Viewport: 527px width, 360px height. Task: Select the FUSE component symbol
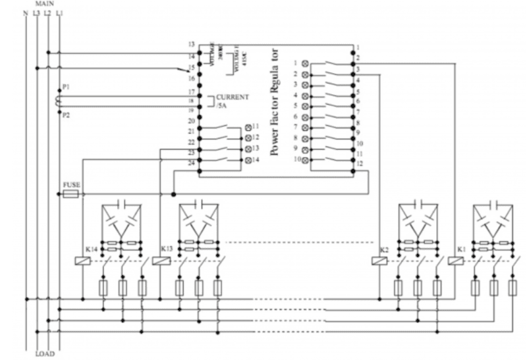click(70, 195)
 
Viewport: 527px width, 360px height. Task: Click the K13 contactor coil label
click(167, 250)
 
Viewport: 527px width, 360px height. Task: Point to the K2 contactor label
click(386, 250)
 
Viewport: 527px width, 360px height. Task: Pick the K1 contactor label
click(460, 250)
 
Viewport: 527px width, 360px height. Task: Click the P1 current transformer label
click(64, 86)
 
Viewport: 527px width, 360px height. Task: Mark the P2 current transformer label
click(64, 114)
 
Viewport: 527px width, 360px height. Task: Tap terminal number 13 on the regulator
click(191, 44)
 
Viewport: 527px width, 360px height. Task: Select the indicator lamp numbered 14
click(248, 161)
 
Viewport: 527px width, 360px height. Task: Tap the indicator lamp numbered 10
click(305, 160)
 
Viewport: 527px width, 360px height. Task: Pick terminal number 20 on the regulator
click(191, 120)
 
